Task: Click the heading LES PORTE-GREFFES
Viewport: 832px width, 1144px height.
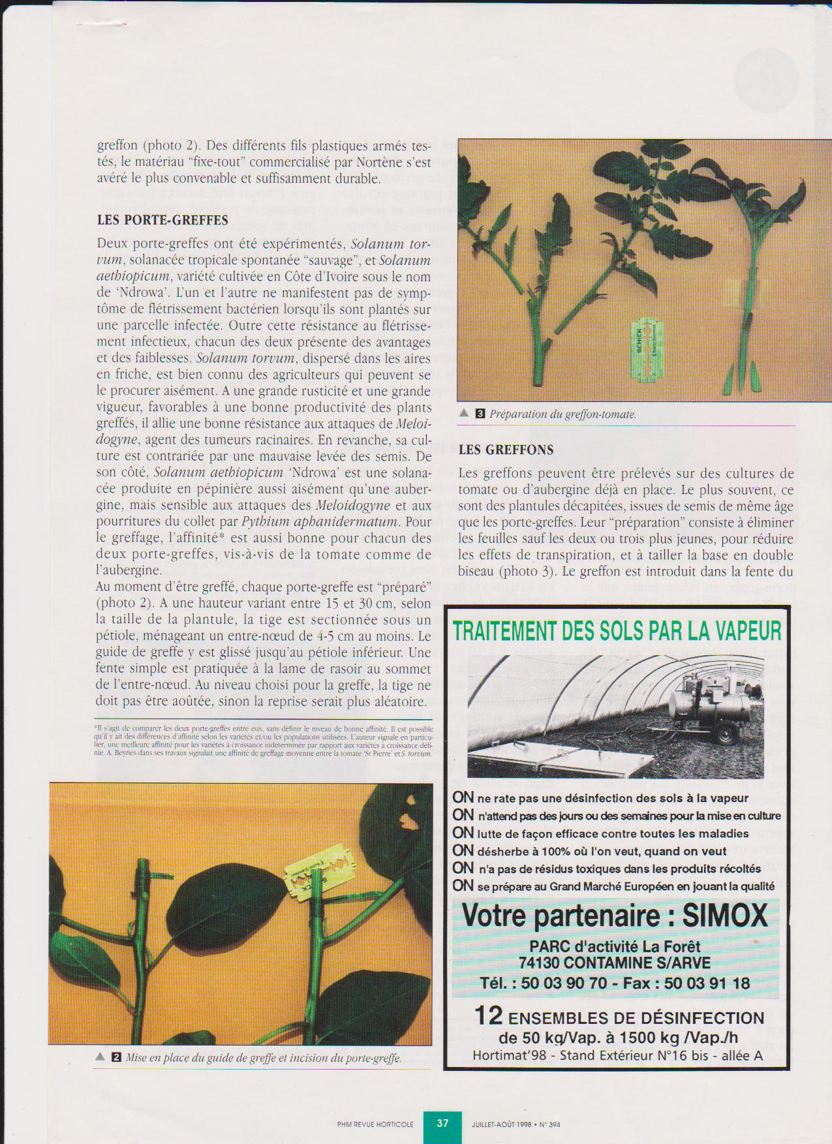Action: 162,220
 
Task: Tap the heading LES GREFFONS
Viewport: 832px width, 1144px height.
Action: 506,450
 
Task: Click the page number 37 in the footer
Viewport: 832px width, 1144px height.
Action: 442,1123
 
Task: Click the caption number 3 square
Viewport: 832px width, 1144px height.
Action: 480,413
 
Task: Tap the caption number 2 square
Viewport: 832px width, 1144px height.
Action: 116,1058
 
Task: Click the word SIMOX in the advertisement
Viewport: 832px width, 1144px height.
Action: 725,916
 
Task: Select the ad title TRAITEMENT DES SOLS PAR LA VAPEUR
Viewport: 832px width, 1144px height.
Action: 617,631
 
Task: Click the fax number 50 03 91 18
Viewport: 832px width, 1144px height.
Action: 707,983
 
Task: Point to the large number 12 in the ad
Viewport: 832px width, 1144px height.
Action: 488,1015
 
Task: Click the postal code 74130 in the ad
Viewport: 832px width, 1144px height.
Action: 539,963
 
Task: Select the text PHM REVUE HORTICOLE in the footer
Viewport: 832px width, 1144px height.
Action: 375,1124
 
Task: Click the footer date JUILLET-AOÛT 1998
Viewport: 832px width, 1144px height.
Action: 501,1124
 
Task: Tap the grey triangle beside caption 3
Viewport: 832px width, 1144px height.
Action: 464,413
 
